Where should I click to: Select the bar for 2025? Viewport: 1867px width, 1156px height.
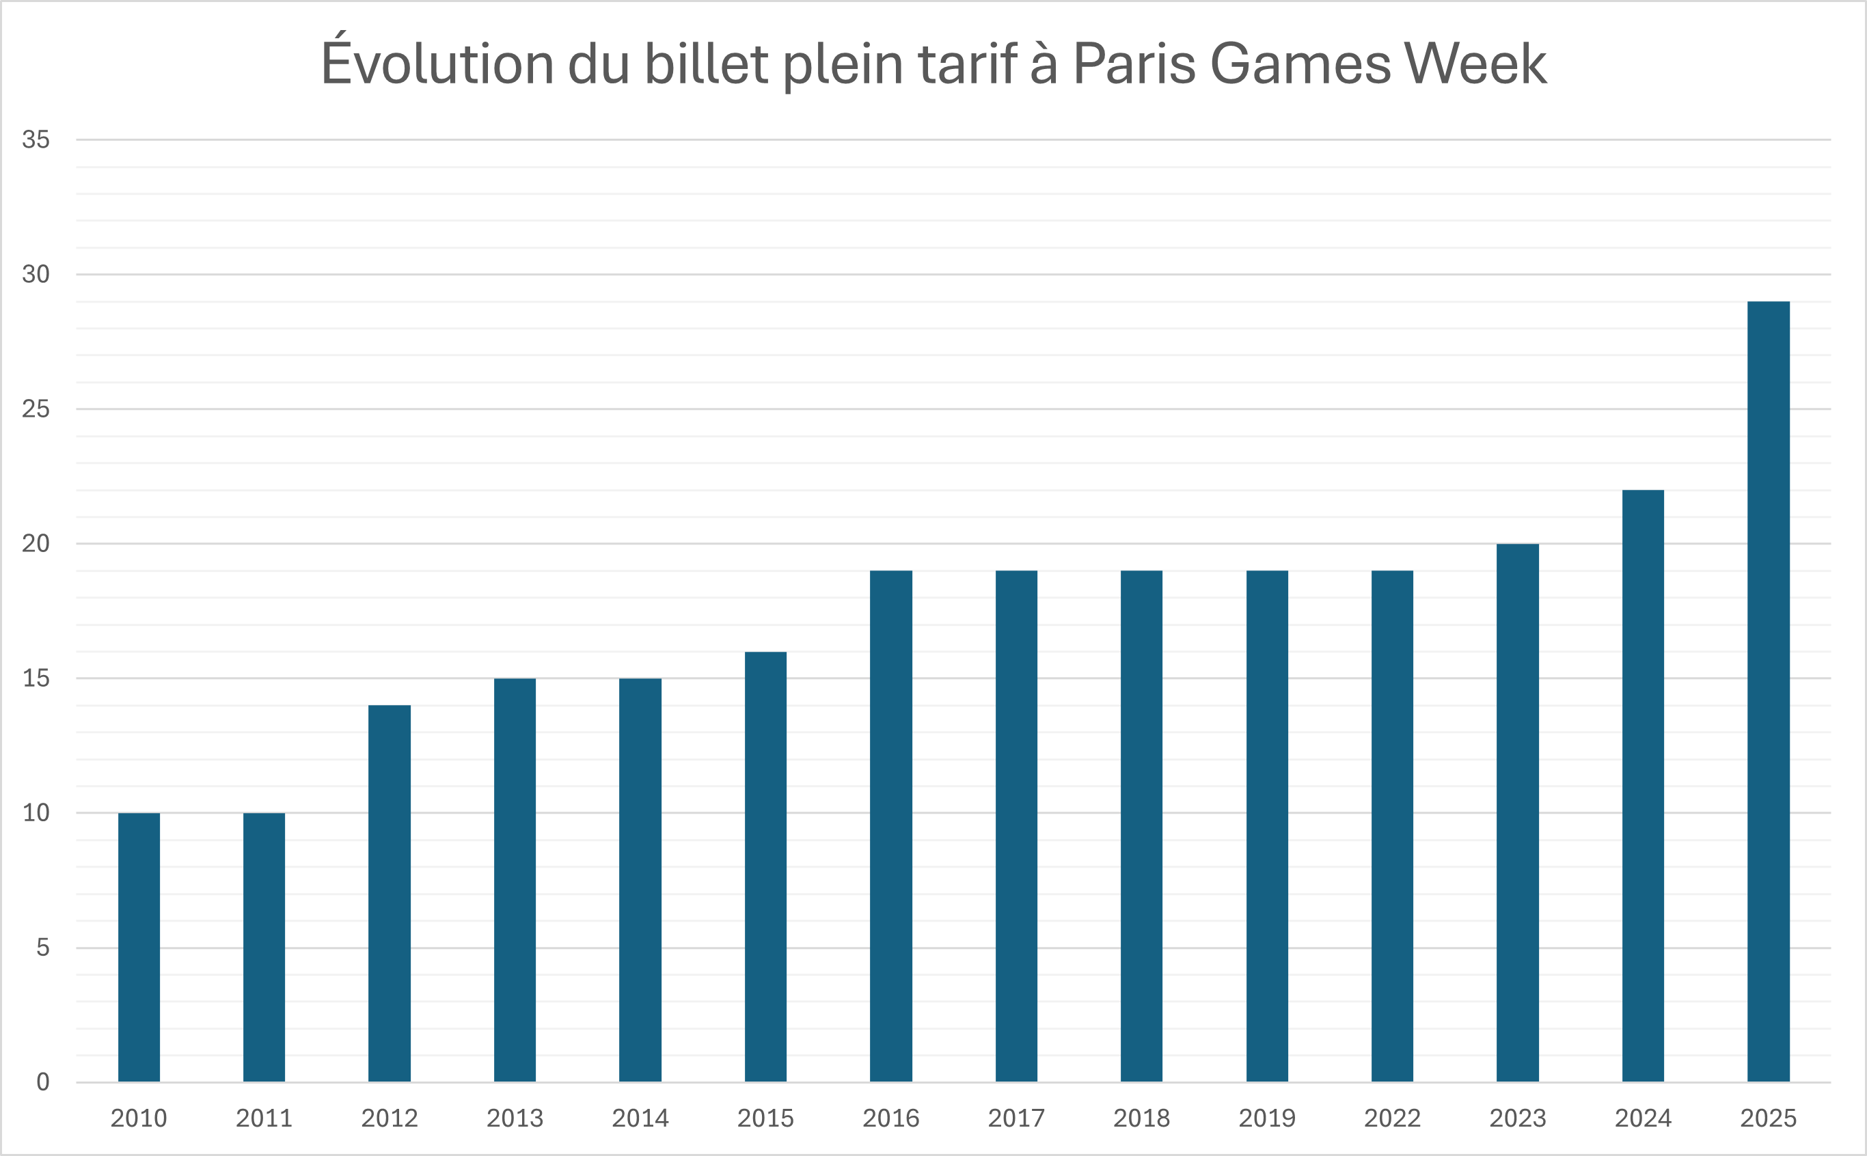click(1768, 691)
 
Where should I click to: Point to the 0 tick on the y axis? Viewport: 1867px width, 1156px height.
click(43, 1082)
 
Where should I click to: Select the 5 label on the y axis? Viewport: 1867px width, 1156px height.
click(43, 947)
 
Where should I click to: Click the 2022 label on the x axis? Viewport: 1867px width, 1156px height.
click(1391, 1118)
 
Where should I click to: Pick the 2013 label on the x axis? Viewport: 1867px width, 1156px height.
click(515, 1118)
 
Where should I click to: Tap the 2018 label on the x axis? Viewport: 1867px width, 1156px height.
click(1141, 1118)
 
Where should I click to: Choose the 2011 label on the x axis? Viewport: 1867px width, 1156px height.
click(264, 1118)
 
